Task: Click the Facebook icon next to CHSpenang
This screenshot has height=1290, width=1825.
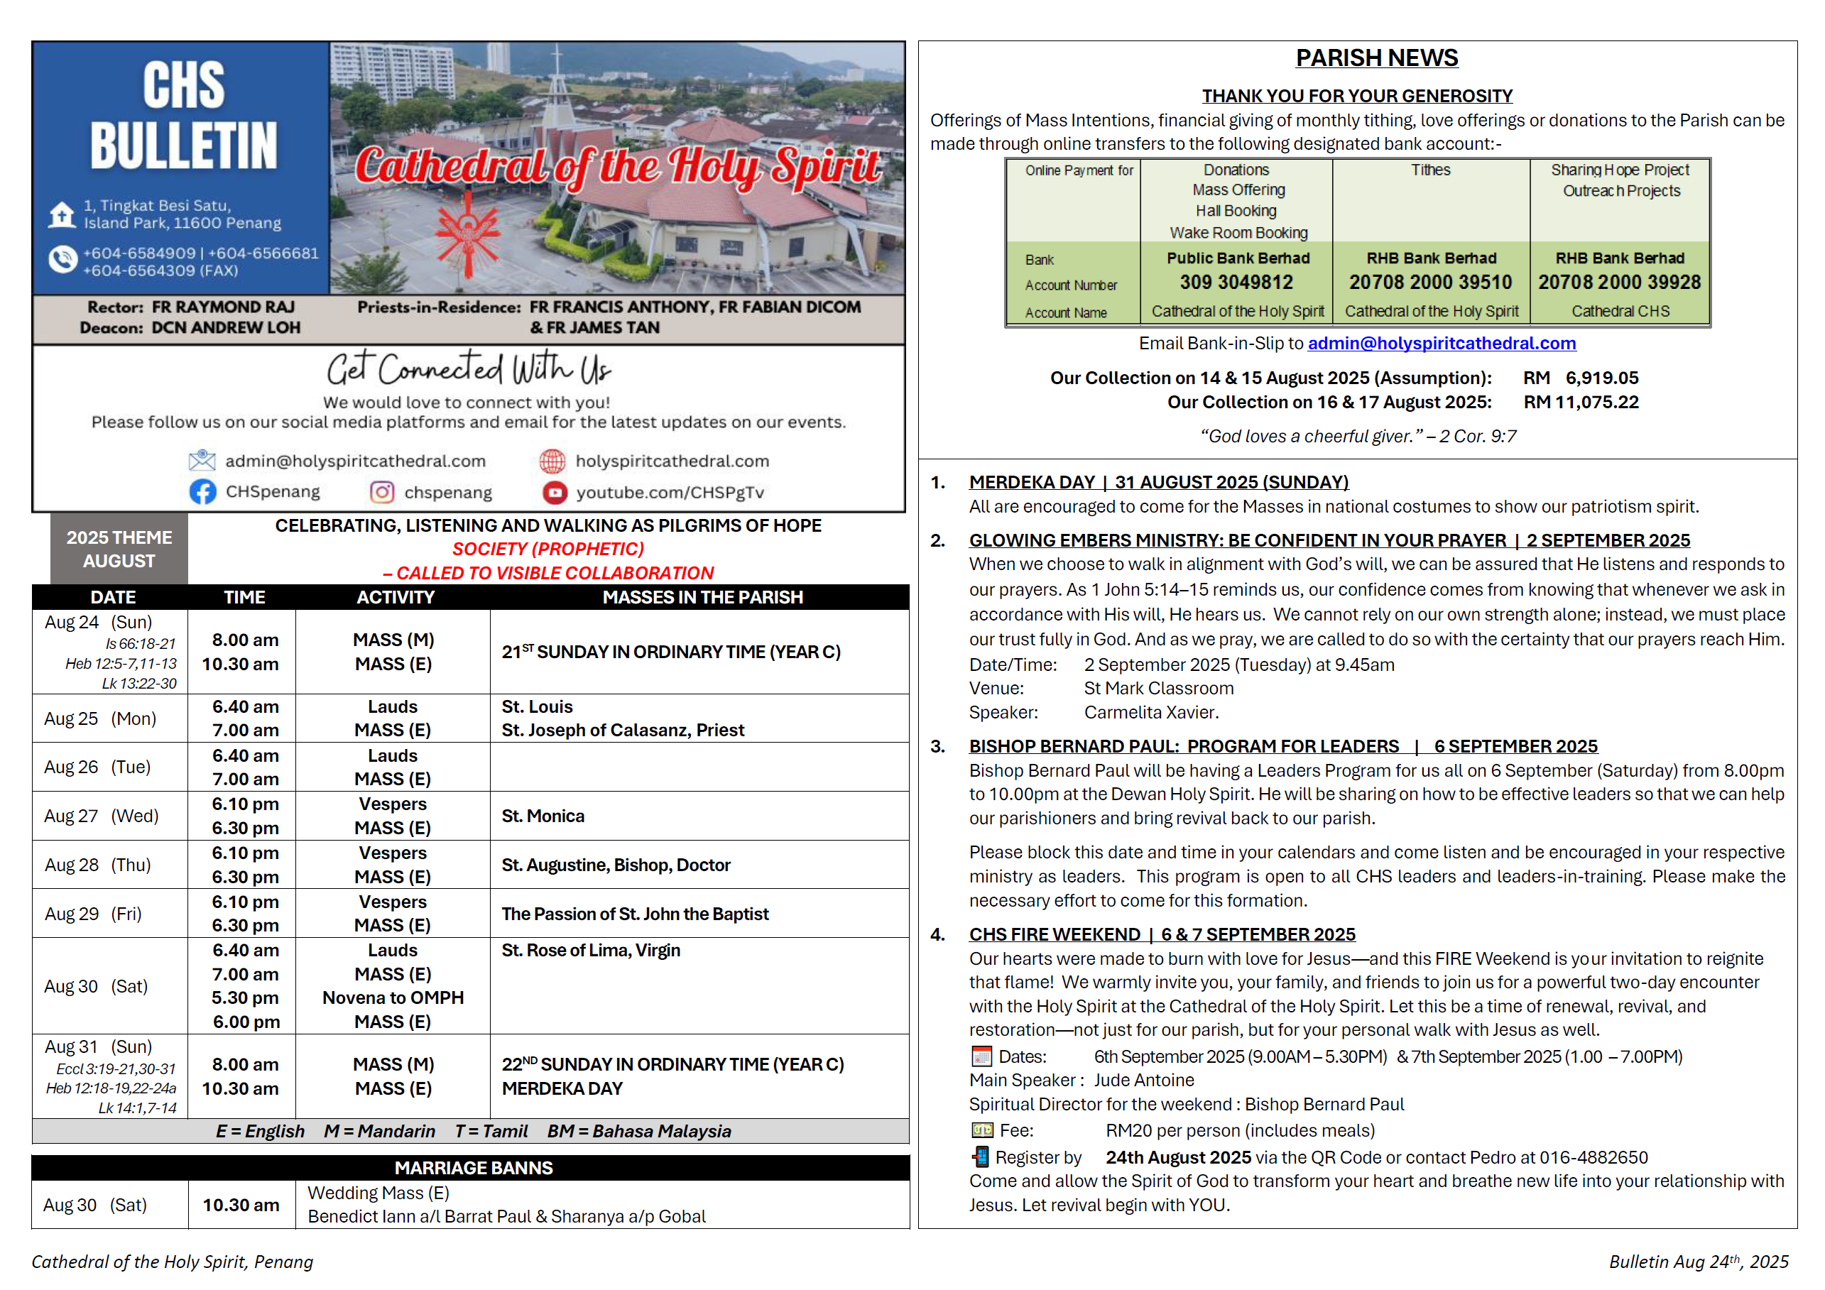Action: tap(202, 492)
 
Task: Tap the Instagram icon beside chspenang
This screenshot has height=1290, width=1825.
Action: tap(381, 493)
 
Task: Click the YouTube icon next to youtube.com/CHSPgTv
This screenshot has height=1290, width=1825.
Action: tap(555, 493)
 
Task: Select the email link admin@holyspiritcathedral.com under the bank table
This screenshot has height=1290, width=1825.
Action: tap(1441, 344)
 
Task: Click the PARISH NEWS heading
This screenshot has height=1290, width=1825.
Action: tap(1377, 58)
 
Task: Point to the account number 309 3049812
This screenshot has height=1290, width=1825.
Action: tap(1236, 282)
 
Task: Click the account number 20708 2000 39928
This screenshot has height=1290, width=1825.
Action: tap(1619, 282)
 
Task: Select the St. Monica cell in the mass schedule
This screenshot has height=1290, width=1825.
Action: tap(543, 816)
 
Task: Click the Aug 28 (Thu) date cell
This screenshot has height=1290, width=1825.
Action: tap(99, 865)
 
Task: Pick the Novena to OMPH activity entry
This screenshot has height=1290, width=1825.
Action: tap(393, 997)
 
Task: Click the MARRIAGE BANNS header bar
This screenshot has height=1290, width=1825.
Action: tap(473, 1168)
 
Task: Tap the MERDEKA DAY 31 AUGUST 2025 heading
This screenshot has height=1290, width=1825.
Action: tap(1158, 483)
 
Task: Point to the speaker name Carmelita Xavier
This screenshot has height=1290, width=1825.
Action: tap(1150, 713)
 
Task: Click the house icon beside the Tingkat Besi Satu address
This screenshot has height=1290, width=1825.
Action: tap(62, 214)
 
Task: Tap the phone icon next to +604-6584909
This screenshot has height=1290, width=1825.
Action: tap(62, 260)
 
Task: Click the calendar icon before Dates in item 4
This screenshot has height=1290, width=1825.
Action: tap(981, 1056)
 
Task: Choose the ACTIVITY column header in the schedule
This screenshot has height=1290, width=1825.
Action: tap(395, 597)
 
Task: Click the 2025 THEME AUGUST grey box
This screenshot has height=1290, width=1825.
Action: tap(119, 550)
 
